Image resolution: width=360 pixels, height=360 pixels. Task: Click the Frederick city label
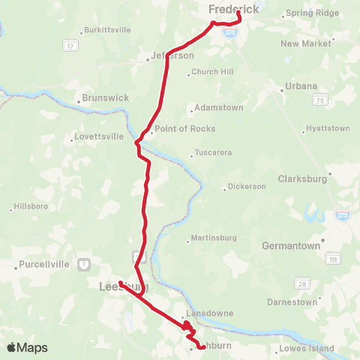[x=233, y=9]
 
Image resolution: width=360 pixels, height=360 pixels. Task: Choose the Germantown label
[x=291, y=245]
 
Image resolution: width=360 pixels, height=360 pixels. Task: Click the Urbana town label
[x=301, y=86]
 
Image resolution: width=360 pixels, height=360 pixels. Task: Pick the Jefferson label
[x=175, y=55]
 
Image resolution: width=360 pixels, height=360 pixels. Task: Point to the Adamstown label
[x=219, y=108]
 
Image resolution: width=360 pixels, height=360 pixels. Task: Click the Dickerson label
[x=247, y=186]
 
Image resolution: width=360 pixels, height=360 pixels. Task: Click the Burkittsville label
[x=108, y=30]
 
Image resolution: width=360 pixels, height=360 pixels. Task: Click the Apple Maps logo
[x=27, y=348]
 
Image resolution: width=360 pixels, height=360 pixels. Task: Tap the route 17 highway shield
[x=70, y=46]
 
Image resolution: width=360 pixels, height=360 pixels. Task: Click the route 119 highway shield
[x=331, y=259]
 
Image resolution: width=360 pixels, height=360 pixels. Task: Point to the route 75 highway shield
[x=321, y=100]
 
